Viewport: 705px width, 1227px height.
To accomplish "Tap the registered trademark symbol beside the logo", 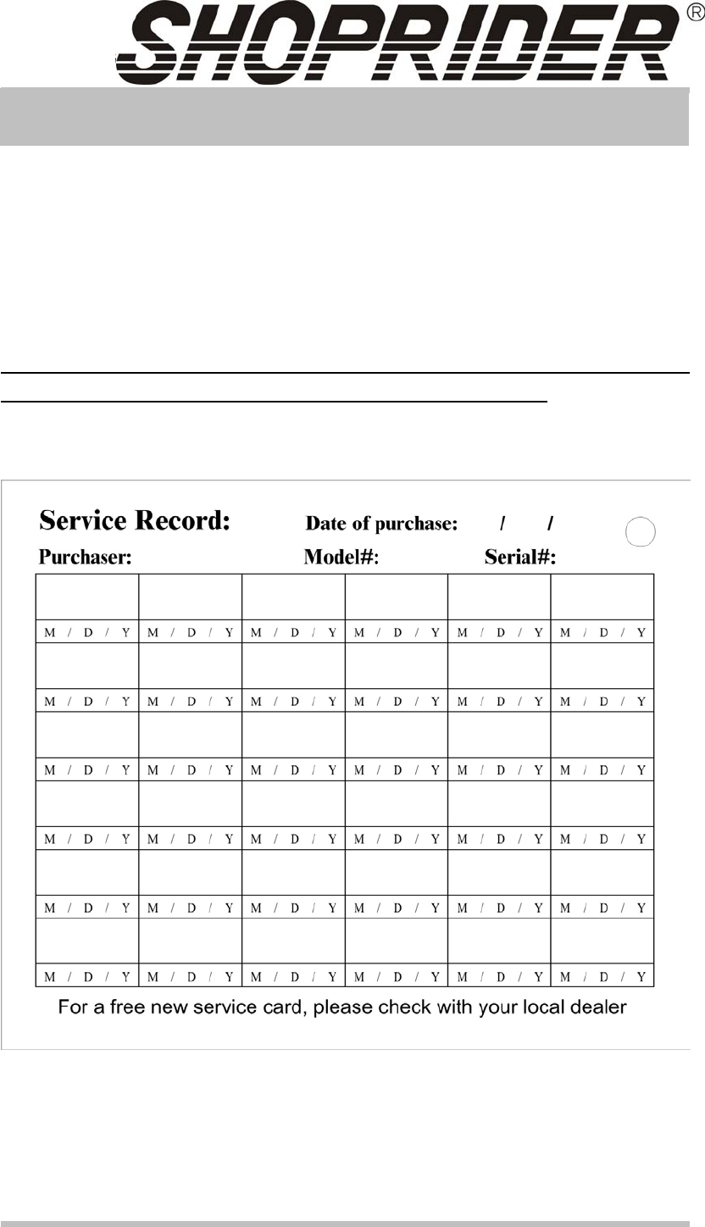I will pyautogui.click(x=691, y=14).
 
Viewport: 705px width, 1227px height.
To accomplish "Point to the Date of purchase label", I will pyautogui.click(x=381, y=524).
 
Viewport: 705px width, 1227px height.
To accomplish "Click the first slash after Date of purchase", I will pyautogui.click(x=503, y=524).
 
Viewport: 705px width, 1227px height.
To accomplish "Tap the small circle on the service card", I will pyautogui.click(x=641, y=532).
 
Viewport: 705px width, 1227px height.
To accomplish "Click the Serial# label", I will pyautogui.click(x=519, y=558).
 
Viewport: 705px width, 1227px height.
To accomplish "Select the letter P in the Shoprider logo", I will pyautogui.click(x=364, y=42).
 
